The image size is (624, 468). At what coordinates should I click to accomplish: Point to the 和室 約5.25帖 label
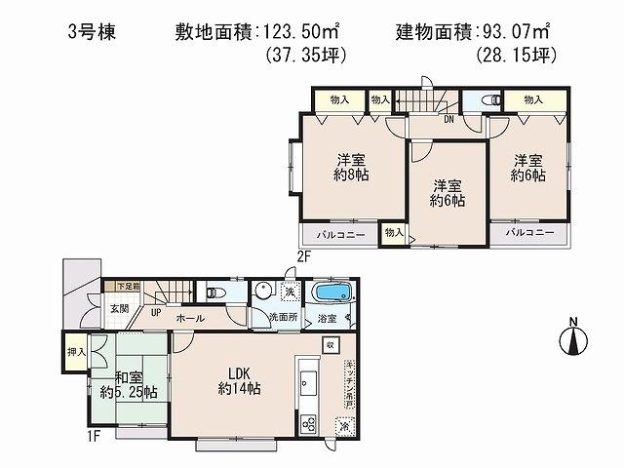pyautogui.click(x=128, y=385)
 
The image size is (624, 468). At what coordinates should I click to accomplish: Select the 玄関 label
pyautogui.click(x=118, y=308)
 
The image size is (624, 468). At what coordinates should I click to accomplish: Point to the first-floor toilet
pyautogui.click(x=214, y=293)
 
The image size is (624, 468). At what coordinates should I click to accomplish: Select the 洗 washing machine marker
pyautogui.click(x=291, y=292)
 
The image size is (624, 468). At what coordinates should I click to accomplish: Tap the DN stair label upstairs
pyautogui.click(x=448, y=120)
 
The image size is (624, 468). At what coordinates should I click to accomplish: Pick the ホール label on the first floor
pyautogui.click(x=190, y=318)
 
